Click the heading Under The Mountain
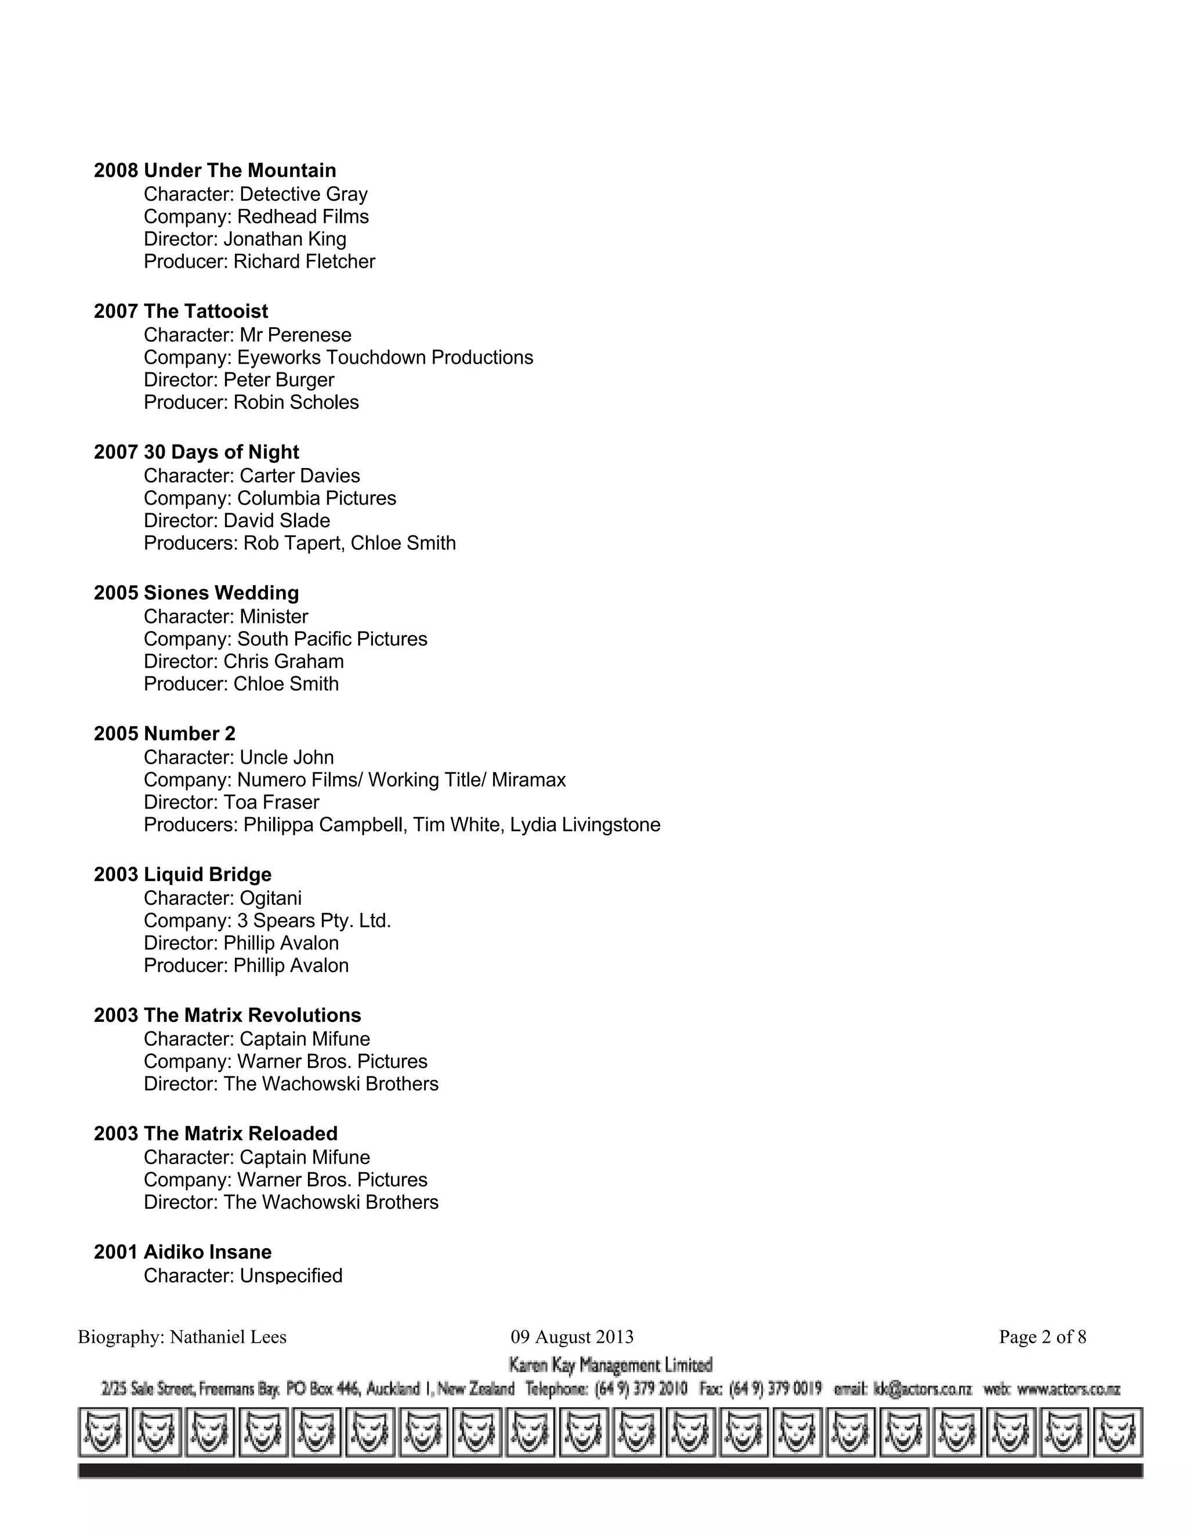(x=240, y=171)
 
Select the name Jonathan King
(x=284, y=240)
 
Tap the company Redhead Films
(x=303, y=217)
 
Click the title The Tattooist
(x=205, y=311)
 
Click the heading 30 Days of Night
(x=221, y=452)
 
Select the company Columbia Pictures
(x=316, y=498)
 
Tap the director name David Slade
(x=277, y=521)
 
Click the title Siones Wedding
(x=221, y=593)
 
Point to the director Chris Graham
(x=283, y=662)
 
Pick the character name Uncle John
(x=287, y=757)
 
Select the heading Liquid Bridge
(x=207, y=874)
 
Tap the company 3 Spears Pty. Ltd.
(x=314, y=920)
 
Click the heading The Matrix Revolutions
(x=252, y=1015)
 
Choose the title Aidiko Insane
(x=207, y=1251)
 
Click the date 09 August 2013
(x=571, y=1337)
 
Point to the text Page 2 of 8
(x=1042, y=1337)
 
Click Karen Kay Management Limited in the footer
(x=610, y=1365)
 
